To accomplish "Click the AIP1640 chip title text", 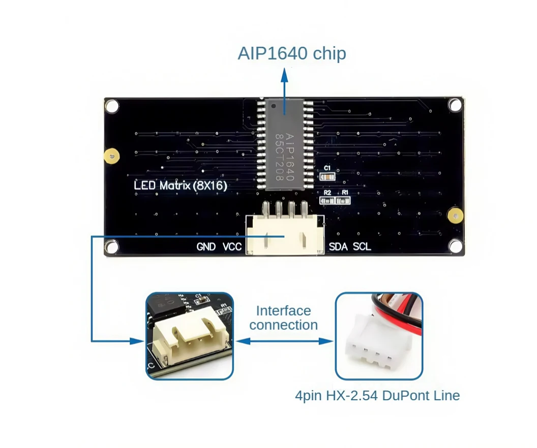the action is [x=291, y=53].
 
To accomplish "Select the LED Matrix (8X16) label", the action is [x=181, y=185].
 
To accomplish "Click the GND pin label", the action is [x=206, y=247].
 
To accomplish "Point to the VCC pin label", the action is [x=232, y=247].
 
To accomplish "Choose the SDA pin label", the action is [x=339, y=247].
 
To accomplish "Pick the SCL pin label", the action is [x=362, y=247].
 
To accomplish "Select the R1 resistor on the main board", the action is [x=345, y=200].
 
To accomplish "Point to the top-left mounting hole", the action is [x=112, y=106].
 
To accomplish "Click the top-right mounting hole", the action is [x=455, y=105].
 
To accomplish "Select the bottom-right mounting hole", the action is [x=456, y=247].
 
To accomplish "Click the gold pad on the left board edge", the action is [x=109, y=157].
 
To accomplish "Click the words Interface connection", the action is [x=283, y=318].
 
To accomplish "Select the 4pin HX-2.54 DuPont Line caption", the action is [x=377, y=395].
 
